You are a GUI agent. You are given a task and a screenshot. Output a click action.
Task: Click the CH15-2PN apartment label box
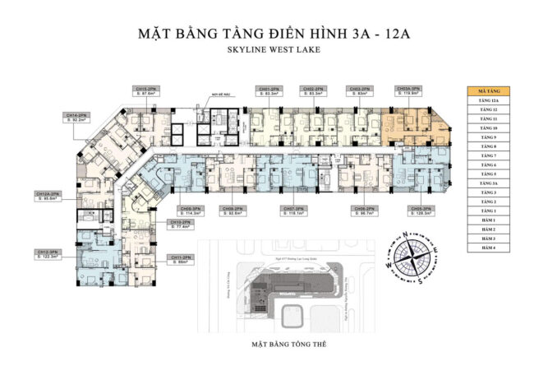[148, 91]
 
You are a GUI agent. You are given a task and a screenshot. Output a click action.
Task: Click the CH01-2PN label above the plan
[269, 91]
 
